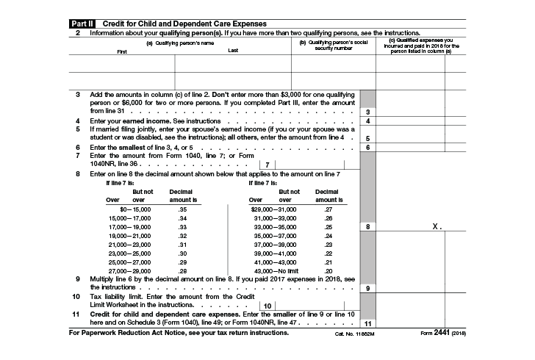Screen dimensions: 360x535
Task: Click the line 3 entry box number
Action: tap(367, 111)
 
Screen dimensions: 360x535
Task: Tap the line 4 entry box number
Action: tap(367, 120)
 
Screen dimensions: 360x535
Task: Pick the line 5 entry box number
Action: tap(367, 138)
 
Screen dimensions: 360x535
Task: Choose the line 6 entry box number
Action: tap(367, 148)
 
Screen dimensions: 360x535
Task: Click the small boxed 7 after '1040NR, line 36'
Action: tap(267, 165)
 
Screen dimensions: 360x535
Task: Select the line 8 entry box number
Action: tap(367, 228)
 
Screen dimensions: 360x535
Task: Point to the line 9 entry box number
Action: tap(367, 288)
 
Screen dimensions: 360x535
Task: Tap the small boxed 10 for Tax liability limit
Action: tap(267, 305)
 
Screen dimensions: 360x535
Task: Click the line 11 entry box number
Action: tap(367, 323)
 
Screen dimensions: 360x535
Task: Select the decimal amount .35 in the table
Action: tap(182, 209)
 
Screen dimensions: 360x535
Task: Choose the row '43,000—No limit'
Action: tap(276, 270)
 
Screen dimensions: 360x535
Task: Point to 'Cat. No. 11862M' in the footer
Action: tap(356, 334)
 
